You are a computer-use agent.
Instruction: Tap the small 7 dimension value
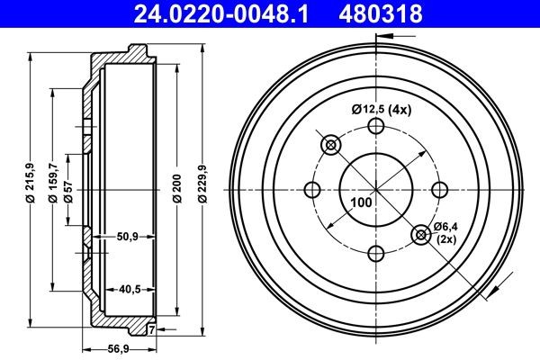click(x=150, y=331)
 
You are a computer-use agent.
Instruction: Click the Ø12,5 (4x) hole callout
click(x=381, y=110)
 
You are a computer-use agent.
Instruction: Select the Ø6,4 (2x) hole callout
click(x=446, y=232)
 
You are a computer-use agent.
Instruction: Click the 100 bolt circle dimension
click(x=361, y=203)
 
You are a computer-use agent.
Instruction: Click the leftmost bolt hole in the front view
click(x=313, y=190)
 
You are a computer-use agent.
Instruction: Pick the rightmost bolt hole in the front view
click(x=439, y=190)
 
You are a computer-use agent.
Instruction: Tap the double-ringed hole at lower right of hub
click(x=420, y=235)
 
